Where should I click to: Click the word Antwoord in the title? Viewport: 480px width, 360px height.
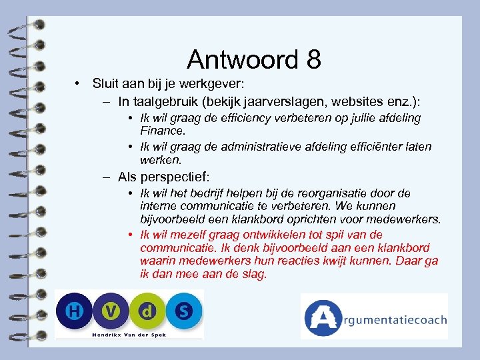[243, 59]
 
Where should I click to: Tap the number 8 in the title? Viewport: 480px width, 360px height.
[314, 59]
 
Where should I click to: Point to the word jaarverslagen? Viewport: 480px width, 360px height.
[279, 102]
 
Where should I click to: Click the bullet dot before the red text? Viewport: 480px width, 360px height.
[131, 235]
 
